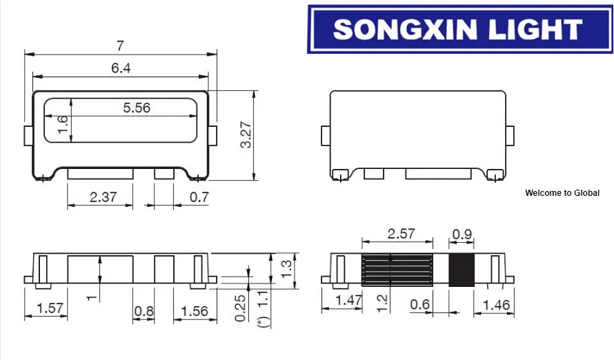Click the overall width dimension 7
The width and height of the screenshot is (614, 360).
[x=120, y=46]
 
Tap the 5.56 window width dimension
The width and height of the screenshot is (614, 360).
[x=136, y=108]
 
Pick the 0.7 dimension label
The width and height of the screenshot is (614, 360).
[x=199, y=197]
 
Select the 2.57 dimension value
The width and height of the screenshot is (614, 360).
[x=401, y=233]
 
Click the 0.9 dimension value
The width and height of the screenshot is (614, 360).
[x=462, y=233]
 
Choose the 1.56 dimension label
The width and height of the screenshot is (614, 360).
[x=195, y=311]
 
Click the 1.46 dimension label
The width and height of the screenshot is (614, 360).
[x=497, y=304]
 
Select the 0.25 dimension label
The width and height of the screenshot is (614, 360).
[x=241, y=308]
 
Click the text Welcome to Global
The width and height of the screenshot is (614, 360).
[x=562, y=193]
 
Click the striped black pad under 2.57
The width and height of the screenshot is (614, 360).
[x=397, y=270]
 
